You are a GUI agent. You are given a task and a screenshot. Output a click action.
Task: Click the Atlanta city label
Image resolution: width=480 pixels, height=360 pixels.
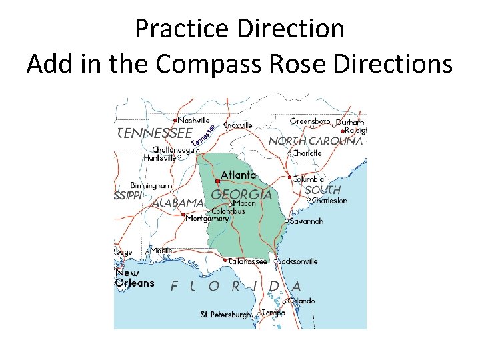tap(238, 175)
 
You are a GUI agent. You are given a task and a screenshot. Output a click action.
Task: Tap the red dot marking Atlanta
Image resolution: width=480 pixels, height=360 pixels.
tap(218, 181)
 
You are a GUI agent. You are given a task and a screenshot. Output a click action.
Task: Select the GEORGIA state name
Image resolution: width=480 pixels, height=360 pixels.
tap(241, 194)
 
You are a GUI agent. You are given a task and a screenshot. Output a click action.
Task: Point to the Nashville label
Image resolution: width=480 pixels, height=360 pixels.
tap(194, 121)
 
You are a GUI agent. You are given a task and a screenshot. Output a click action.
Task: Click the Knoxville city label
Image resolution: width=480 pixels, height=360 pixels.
tap(237, 125)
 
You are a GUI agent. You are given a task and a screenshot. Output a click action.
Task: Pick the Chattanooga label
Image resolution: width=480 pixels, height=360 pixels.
tap(173, 150)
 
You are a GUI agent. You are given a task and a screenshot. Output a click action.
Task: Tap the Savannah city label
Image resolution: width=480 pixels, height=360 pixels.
tap(307, 221)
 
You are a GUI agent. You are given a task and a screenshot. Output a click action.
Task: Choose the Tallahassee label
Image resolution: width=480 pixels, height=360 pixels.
tap(248, 261)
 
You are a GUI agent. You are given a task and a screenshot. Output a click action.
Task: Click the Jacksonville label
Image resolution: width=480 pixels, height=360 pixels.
tap(298, 261)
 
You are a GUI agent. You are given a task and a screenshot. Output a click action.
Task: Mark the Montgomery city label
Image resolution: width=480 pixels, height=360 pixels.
tap(207, 218)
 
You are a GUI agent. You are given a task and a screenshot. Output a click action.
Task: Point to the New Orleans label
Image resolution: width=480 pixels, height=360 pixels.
tap(135, 278)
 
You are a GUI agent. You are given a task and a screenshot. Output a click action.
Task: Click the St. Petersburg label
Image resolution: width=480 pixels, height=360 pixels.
tap(226, 314)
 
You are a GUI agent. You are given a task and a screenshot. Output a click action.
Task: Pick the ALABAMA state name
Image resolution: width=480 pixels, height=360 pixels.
tap(177, 203)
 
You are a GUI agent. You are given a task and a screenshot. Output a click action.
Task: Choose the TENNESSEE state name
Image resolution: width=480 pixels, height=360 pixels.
tap(155, 133)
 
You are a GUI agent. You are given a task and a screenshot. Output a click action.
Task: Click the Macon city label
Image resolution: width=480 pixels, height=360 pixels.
tap(245, 203)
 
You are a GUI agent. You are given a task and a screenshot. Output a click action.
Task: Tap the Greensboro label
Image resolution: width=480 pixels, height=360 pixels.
tap(310, 121)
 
